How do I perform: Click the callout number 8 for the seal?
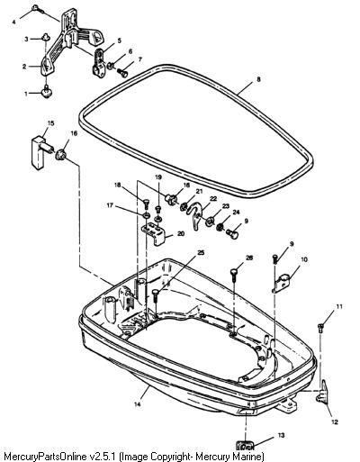click(258, 79)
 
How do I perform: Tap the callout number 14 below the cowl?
click(137, 404)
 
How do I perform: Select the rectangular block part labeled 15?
click(39, 152)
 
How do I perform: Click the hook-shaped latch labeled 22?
click(195, 215)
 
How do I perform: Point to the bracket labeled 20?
click(154, 233)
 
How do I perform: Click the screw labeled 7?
click(121, 72)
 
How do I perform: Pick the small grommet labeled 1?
click(46, 91)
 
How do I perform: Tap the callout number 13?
click(281, 435)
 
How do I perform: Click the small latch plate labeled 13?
click(245, 444)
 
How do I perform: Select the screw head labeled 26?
click(235, 272)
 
